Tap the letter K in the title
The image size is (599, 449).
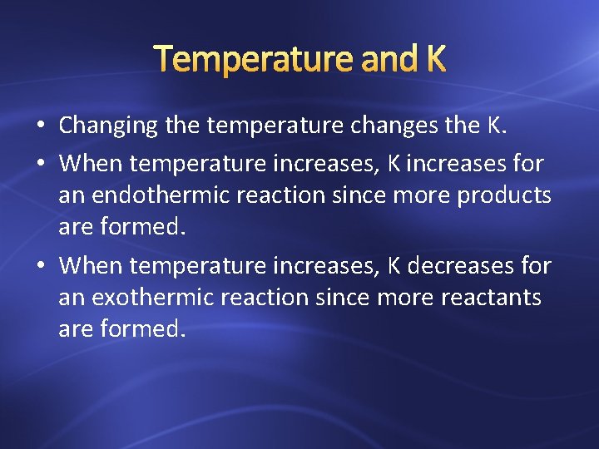[434, 59]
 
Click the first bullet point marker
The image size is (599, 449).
[40, 126]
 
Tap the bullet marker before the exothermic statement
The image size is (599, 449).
[40, 266]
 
